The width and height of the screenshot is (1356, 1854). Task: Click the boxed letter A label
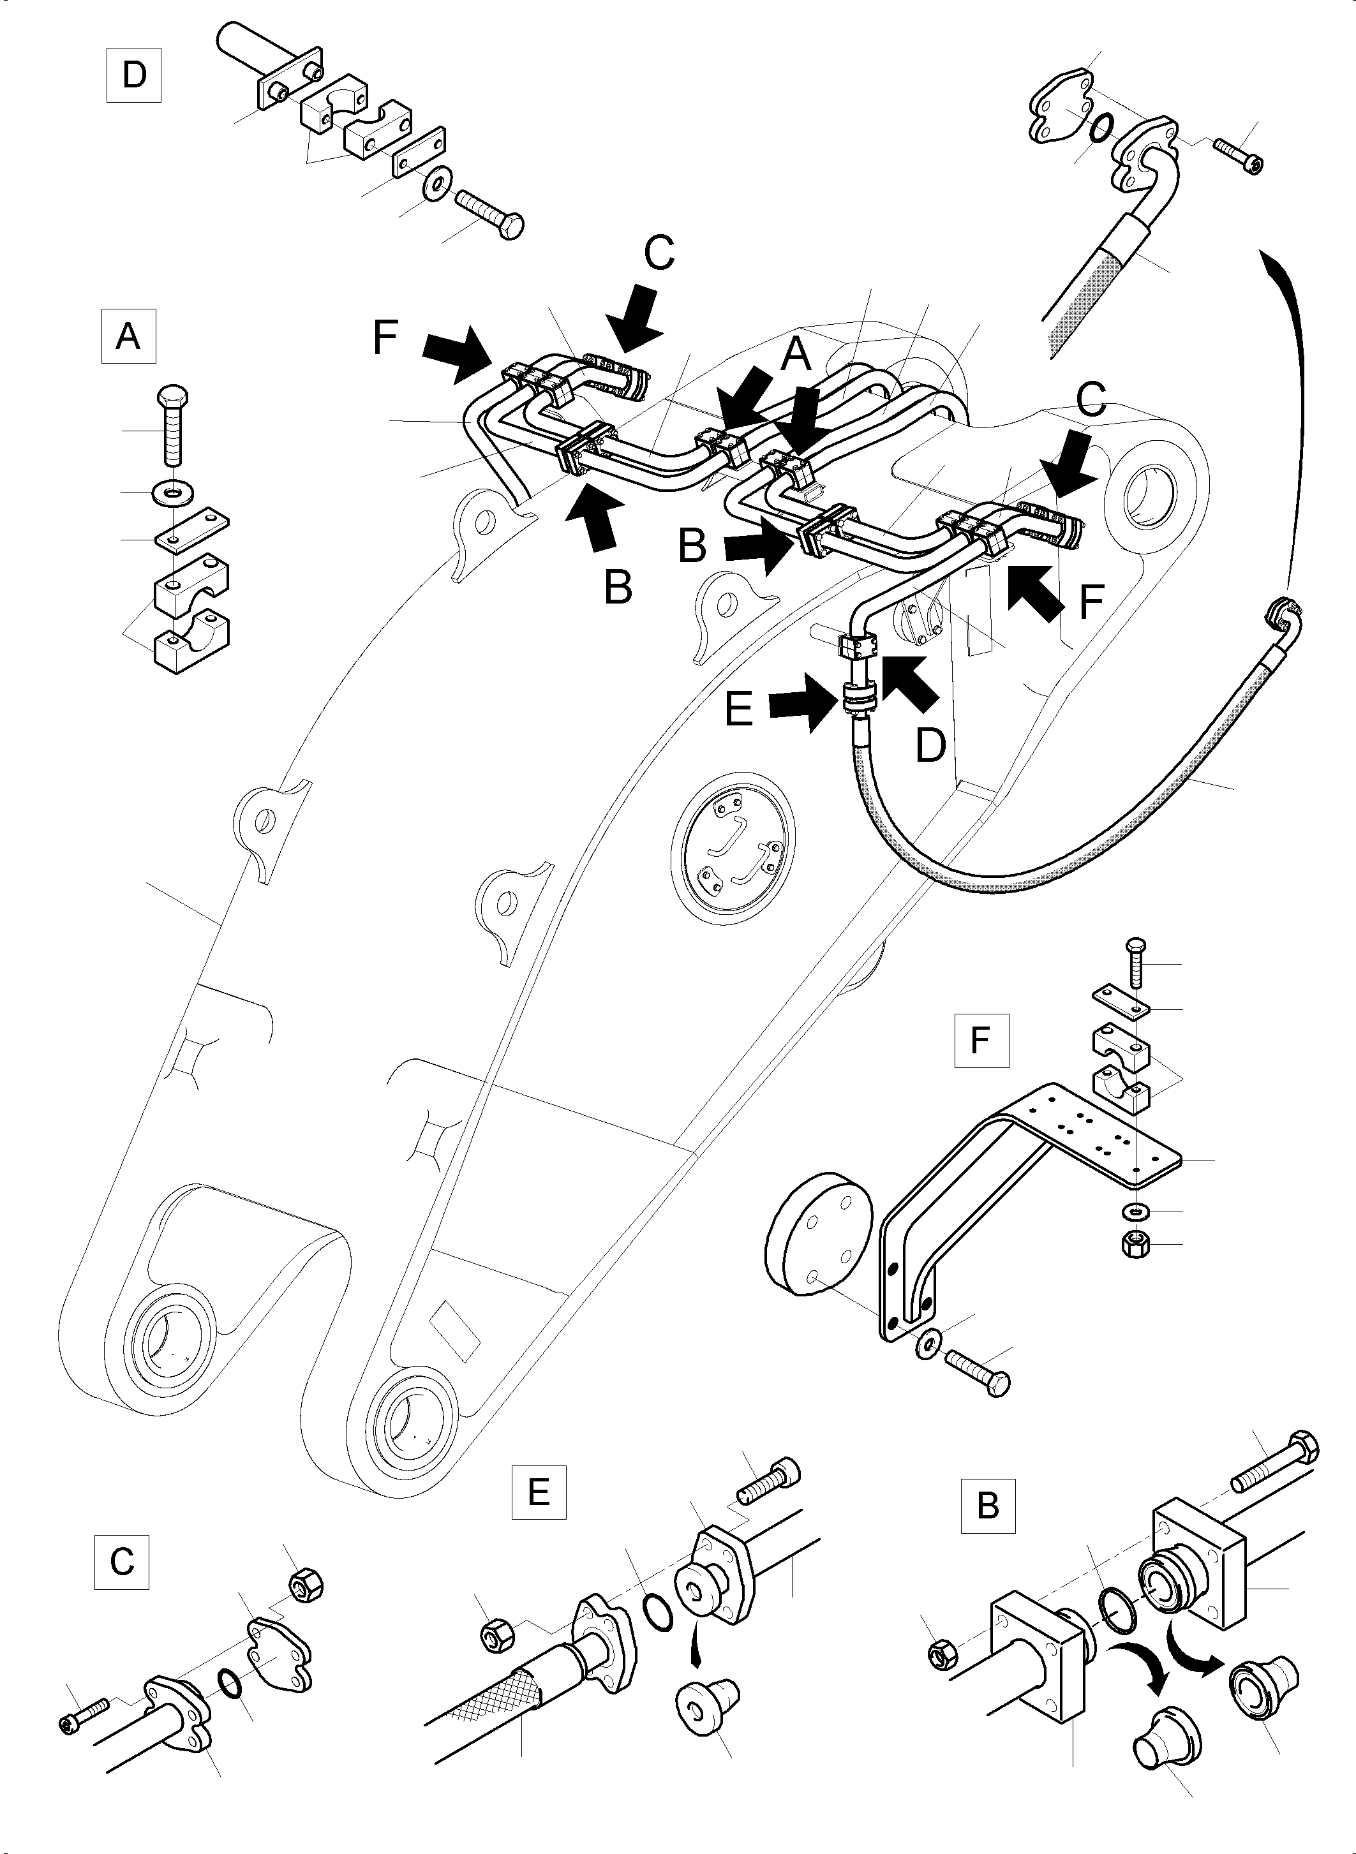click(x=128, y=336)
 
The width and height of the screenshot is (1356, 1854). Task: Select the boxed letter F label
click(x=981, y=1040)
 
